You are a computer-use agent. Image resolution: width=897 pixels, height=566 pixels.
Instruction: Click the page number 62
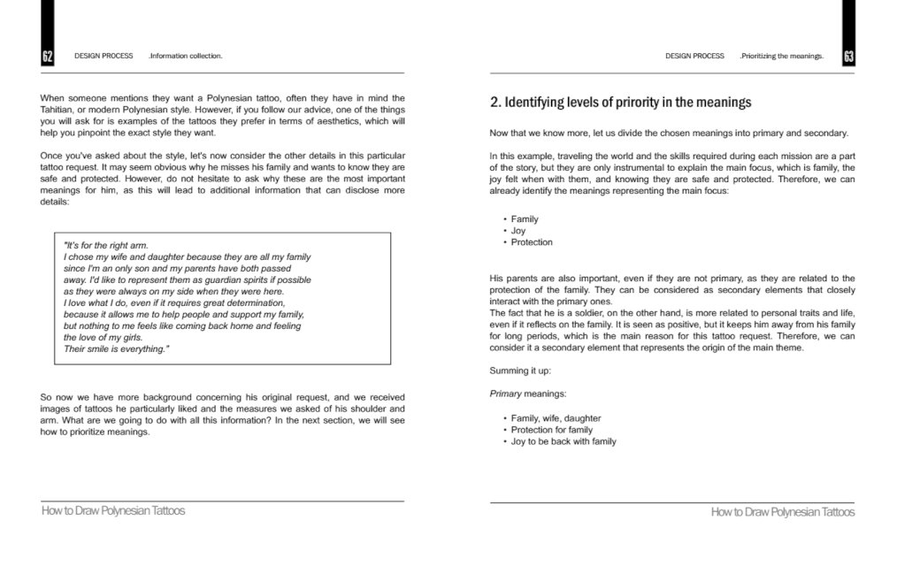[x=47, y=57]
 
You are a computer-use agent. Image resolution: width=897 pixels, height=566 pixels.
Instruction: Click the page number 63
[x=848, y=57]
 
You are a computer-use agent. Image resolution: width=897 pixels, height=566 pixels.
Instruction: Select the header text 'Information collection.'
[x=186, y=57]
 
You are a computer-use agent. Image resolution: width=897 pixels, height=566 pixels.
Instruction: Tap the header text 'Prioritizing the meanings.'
[x=781, y=57]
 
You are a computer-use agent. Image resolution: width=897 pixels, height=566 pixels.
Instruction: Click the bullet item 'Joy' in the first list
[x=518, y=231]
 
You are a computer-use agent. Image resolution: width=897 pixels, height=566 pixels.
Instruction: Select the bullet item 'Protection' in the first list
[x=532, y=242]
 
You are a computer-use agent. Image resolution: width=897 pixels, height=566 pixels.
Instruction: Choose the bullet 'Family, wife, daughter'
[x=556, y=418]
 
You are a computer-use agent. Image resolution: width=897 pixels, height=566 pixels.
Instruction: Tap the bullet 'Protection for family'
[x=552, y=430]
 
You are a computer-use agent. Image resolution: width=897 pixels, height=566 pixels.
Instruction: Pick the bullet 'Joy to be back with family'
[x=563, y=441]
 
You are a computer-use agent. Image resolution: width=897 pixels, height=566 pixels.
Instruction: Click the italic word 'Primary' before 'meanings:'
[x=505, y=394]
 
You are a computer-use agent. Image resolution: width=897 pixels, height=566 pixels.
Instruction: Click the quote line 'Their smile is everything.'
[x=116, y=348]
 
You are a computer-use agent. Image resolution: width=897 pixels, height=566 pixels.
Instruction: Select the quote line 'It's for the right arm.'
[x=106, y=245]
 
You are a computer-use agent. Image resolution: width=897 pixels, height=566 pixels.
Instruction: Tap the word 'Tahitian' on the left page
[x=59, y=110]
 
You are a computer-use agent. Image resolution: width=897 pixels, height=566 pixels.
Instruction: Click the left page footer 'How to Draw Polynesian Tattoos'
[x=113, y=511]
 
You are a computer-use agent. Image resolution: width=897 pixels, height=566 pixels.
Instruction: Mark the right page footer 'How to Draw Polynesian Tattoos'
[x=782, y=512]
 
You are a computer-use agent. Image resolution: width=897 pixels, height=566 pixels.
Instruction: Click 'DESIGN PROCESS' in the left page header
[x=103, y=57]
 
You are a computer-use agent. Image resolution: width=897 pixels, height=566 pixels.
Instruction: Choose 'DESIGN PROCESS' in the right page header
[x=694, y=57]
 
